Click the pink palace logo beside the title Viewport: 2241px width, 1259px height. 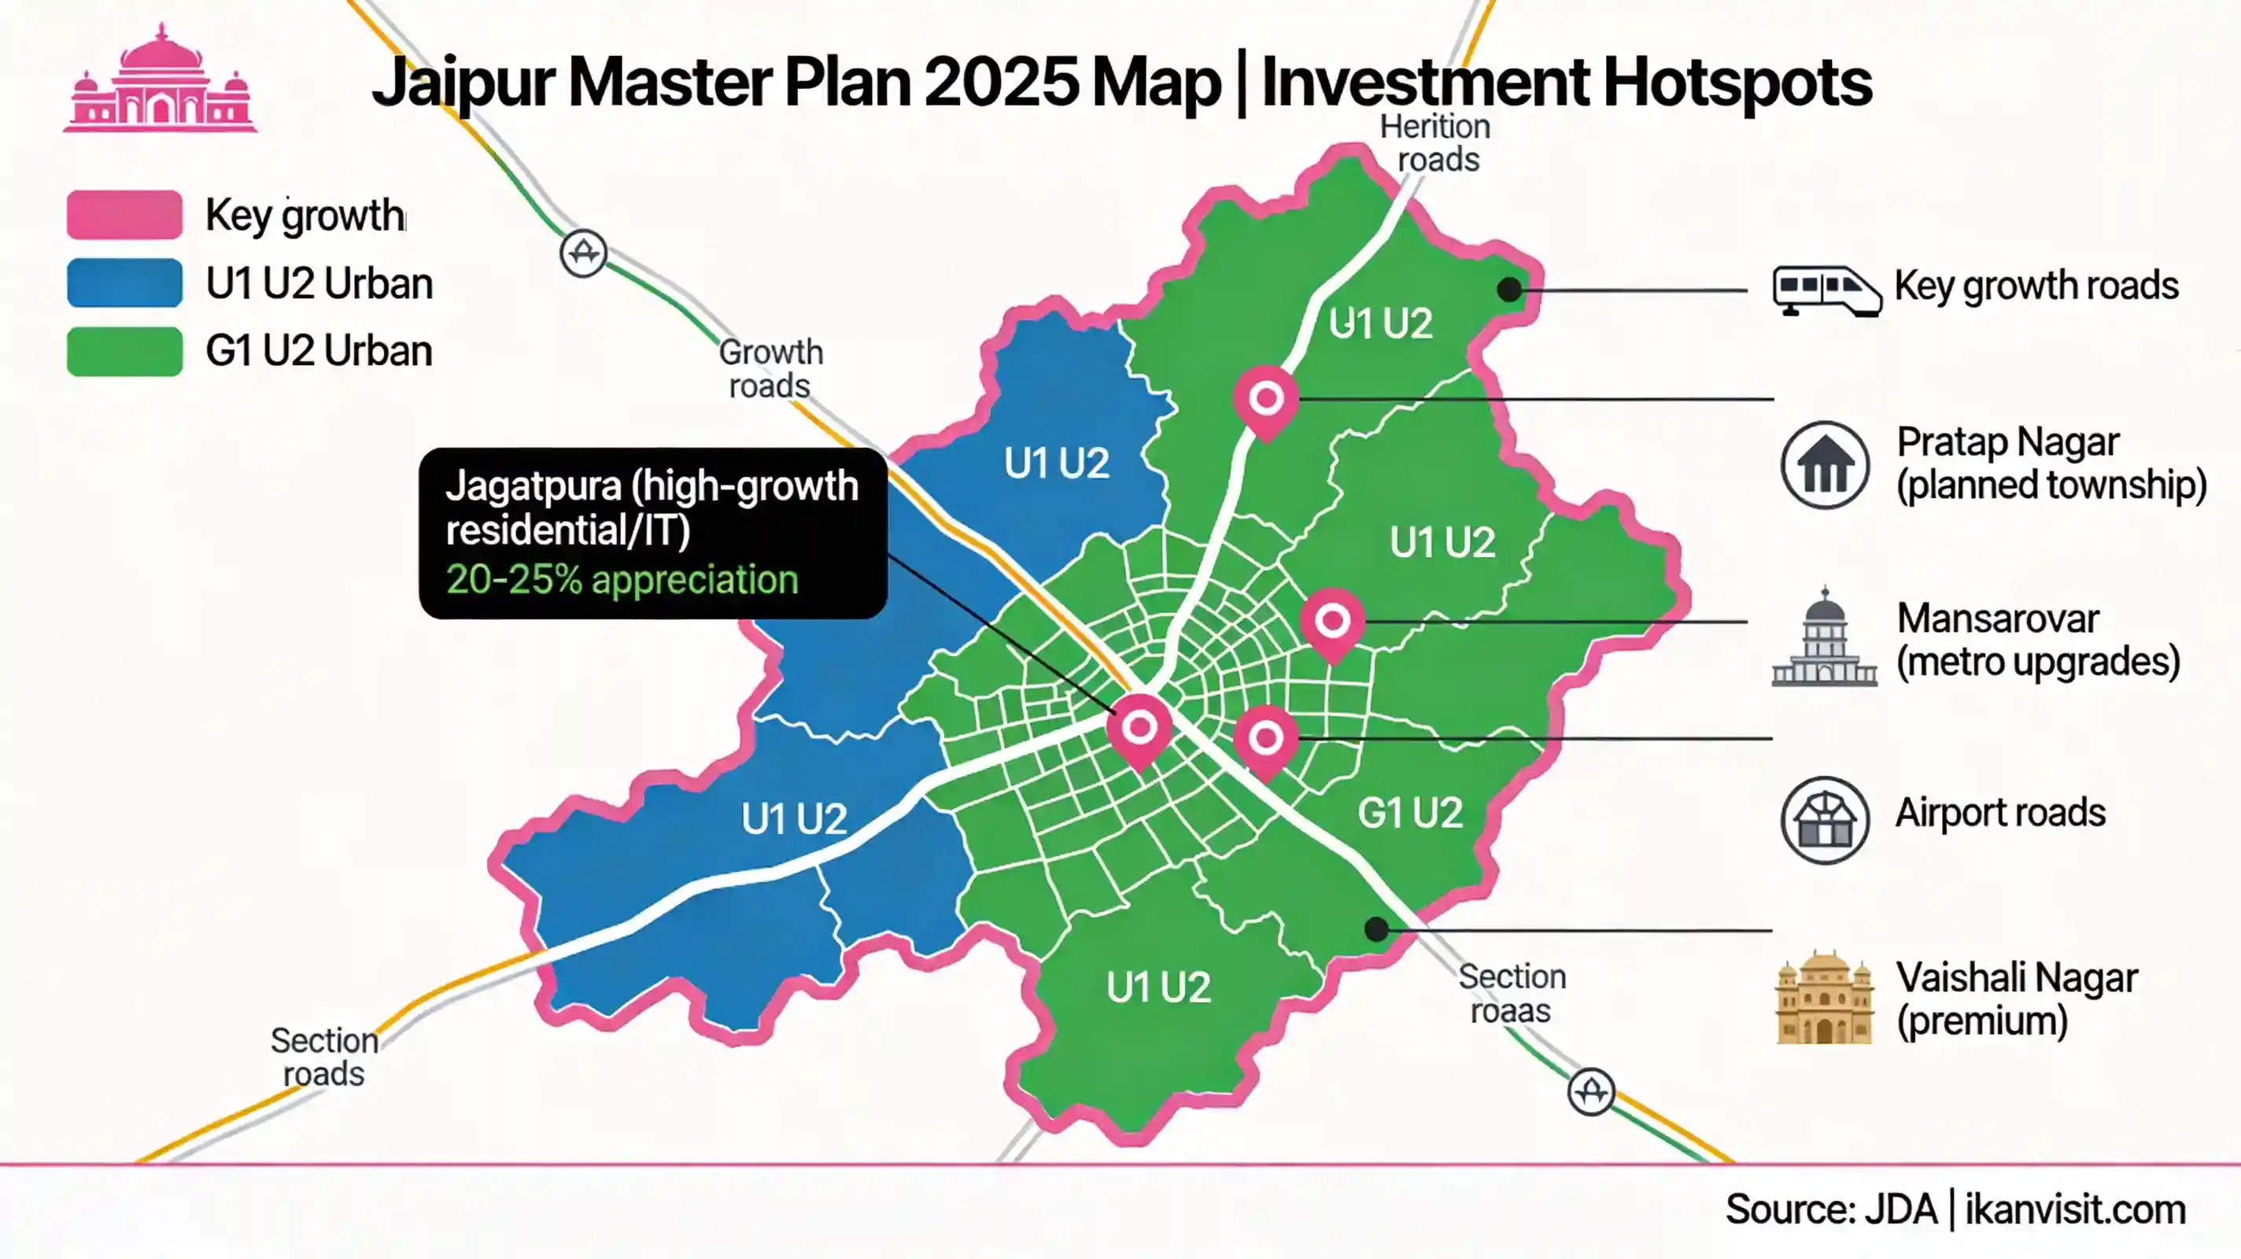pos(160,80)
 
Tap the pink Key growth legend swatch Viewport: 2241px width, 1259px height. pos(124,215)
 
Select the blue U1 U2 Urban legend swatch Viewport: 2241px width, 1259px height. pos(124,282)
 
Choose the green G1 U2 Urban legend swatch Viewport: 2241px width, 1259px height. pos(124,351)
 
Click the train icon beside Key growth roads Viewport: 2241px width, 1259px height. pos(1826,290)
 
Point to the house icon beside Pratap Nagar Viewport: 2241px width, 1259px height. pos(1824,466)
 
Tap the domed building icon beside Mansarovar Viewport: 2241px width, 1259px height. pos(1824,639)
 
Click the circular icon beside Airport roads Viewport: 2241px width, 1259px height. pos(1824,820)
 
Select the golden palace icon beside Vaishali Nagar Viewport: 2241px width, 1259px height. pos(1824,998)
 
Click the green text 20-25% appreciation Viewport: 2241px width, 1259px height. pos(622,579)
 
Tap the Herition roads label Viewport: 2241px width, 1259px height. pos(1435,143)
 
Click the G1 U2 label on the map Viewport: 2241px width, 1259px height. pos(1410,814)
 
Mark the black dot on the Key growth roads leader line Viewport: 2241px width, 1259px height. pos(1509,290)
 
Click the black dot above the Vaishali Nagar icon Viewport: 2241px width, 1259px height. pos(1376,929)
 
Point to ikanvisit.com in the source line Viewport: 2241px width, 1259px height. pos(2075,1209)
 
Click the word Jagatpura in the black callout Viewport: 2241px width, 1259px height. pos(533,486)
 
